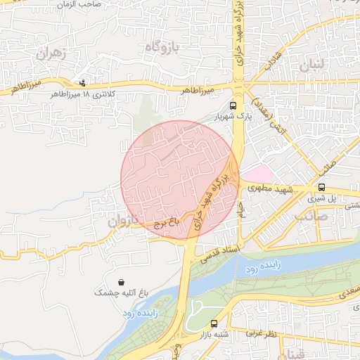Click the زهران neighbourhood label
[x=53, y=53]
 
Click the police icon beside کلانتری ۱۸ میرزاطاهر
[x=85, y=82]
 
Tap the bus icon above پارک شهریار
[x=243, y=105]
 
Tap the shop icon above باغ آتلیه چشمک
[x=122, y=281]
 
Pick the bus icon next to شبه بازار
[x=213, y=323]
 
